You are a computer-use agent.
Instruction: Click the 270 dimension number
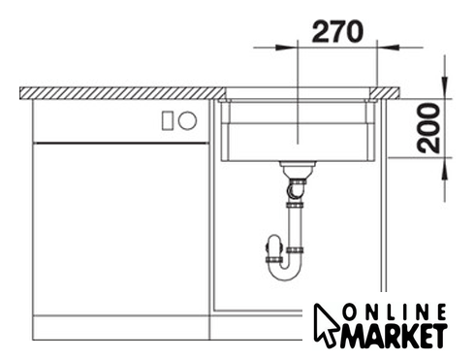pos(337,32)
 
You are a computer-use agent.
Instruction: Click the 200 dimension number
pos(428,128)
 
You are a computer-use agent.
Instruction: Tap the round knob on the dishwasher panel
pos(187,120)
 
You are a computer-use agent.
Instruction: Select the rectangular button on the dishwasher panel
pos(168,120)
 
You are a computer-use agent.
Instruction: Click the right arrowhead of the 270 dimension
pos(388,48)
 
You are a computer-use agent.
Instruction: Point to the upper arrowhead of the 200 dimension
pos(445,87)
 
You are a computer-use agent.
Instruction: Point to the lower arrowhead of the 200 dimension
pos(445,169)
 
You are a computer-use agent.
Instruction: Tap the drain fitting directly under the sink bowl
pos(298,169)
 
